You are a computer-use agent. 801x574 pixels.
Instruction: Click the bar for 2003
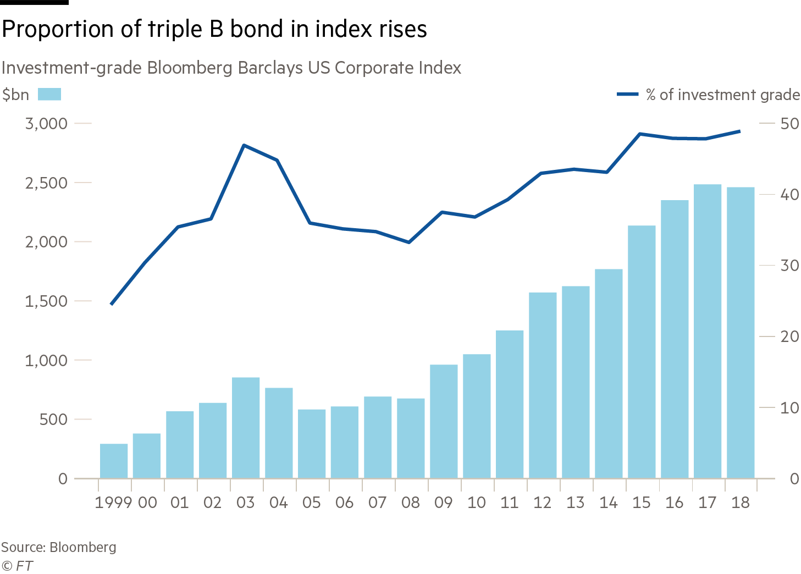point(246,428)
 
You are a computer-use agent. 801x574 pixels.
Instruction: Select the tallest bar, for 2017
point(708,332)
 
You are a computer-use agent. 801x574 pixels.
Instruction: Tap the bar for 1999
point(114,461)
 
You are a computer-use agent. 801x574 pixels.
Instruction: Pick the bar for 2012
point(543,385)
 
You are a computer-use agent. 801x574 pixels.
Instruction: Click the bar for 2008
point(411,438)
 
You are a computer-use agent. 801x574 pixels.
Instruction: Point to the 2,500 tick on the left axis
point(83,183)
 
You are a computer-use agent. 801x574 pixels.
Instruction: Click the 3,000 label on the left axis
point(46,124)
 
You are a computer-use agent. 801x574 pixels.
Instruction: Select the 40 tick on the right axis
point(767,194)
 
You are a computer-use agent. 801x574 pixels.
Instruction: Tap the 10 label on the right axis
point(789,408)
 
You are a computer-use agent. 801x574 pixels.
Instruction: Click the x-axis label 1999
point(113,503)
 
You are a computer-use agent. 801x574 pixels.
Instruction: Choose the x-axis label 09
point(444,503)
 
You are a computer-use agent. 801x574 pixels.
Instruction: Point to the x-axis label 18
point(740,503)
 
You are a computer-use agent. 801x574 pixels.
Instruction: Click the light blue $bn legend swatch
point(49,95)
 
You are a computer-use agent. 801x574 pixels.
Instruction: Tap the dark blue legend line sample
point(628,95)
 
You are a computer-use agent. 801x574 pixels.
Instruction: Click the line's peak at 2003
point(244,145)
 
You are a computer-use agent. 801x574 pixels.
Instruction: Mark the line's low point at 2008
point(408,242)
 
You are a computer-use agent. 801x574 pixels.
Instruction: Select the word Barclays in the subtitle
point(270,68)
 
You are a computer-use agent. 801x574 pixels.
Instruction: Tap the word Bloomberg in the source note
point(82,547)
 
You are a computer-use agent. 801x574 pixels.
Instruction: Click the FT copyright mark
point(17,566)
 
